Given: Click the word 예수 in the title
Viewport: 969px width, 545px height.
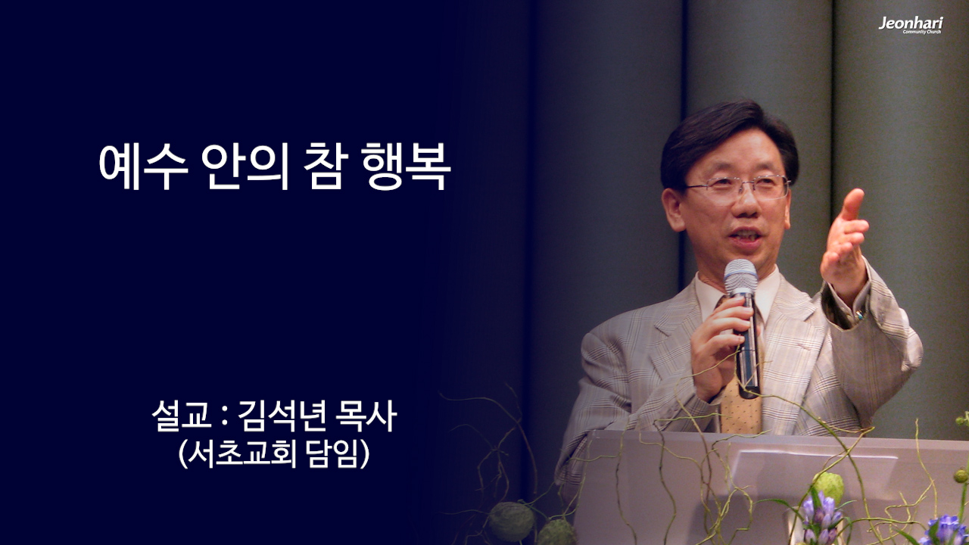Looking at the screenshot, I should click(x=144, y=168).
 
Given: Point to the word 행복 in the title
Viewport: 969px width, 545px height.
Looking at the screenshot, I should click(x=407, y=168).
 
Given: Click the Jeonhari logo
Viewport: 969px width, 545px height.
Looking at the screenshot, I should click(x=910, y=25).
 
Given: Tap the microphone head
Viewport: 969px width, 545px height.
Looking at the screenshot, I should click(x=740, y=278).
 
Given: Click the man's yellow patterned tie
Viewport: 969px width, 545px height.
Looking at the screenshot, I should click(x=740, y=409).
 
